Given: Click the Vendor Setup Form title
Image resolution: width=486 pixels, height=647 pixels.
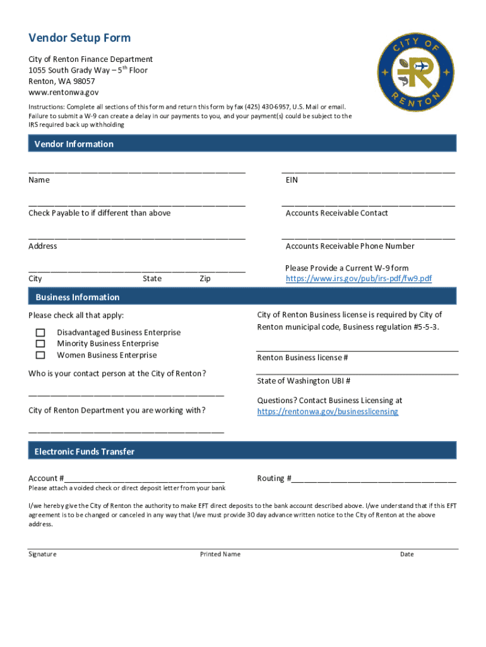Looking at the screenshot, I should point(80,38).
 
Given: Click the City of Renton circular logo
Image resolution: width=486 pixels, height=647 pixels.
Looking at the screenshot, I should point(415,70).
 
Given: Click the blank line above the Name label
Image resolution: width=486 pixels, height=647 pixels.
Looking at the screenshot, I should point(136,171).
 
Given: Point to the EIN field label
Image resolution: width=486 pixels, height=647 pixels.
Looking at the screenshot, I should point(292,180).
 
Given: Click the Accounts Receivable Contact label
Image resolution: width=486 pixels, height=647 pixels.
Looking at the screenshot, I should point(336,213).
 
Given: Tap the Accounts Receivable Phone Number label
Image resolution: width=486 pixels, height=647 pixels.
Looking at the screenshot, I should point(350,246).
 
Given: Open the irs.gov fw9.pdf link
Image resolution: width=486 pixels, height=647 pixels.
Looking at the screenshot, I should point(359,279).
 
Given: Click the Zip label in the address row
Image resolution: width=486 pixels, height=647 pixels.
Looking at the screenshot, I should point(205,279).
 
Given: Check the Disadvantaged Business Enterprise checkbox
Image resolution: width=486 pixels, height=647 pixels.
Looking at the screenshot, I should point(40,332).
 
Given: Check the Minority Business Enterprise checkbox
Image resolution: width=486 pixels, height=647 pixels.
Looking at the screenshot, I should point(40,344).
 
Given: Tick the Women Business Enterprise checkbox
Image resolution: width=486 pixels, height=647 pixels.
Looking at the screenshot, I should point(40,355).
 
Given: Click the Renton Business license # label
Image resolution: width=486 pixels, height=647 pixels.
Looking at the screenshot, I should point(302,358).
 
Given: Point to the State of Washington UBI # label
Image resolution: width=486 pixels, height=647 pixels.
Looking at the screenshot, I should point(304,381).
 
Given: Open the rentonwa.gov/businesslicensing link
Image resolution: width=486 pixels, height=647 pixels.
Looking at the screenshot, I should point(328,411).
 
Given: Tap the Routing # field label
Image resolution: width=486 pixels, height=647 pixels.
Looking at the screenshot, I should point(274,478).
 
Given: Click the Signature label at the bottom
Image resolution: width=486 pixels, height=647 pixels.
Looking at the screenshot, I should point(42,554).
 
